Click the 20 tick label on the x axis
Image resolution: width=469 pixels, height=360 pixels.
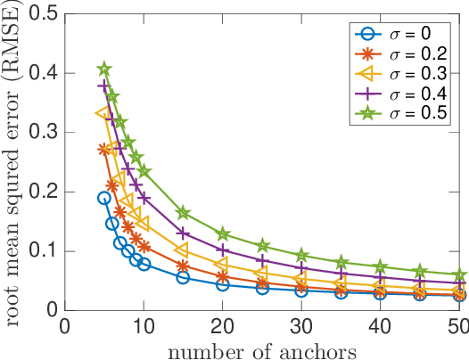pos(223,326)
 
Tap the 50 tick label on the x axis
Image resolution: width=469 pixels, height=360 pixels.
pos(457,326)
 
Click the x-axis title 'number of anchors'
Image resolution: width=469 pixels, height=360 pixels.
pos(262,348)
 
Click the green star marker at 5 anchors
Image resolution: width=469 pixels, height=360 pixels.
pos(104,69)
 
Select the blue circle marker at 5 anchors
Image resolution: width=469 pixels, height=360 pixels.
pos(104,198)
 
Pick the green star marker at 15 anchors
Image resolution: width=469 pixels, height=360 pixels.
pos(183,213)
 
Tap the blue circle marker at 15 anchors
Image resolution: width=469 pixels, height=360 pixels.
pos(183,277)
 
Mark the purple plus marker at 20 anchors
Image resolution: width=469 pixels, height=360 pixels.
pos(223,250)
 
